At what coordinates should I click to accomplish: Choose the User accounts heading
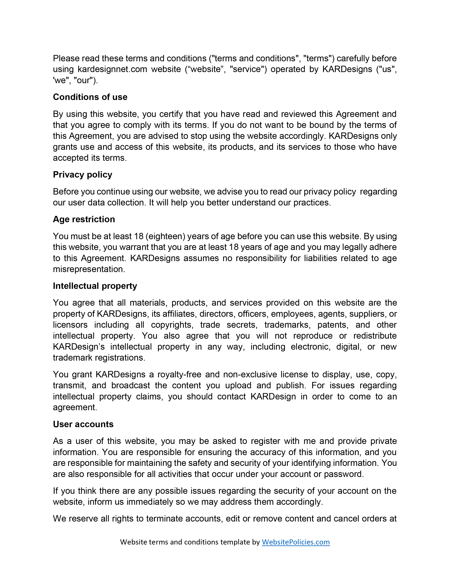83,424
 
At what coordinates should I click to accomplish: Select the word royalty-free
179,375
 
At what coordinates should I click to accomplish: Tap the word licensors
70,325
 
